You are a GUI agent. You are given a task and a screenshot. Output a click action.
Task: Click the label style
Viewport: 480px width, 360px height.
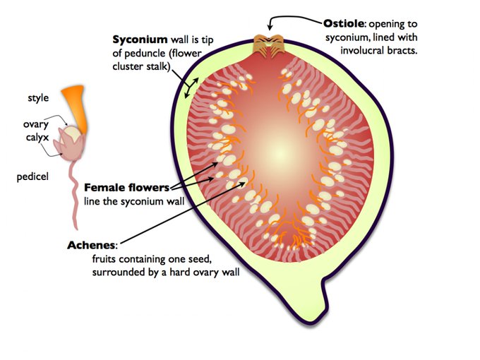[x=38, y=98]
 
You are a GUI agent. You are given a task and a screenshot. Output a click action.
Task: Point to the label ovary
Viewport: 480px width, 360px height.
[x=35, y=124]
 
